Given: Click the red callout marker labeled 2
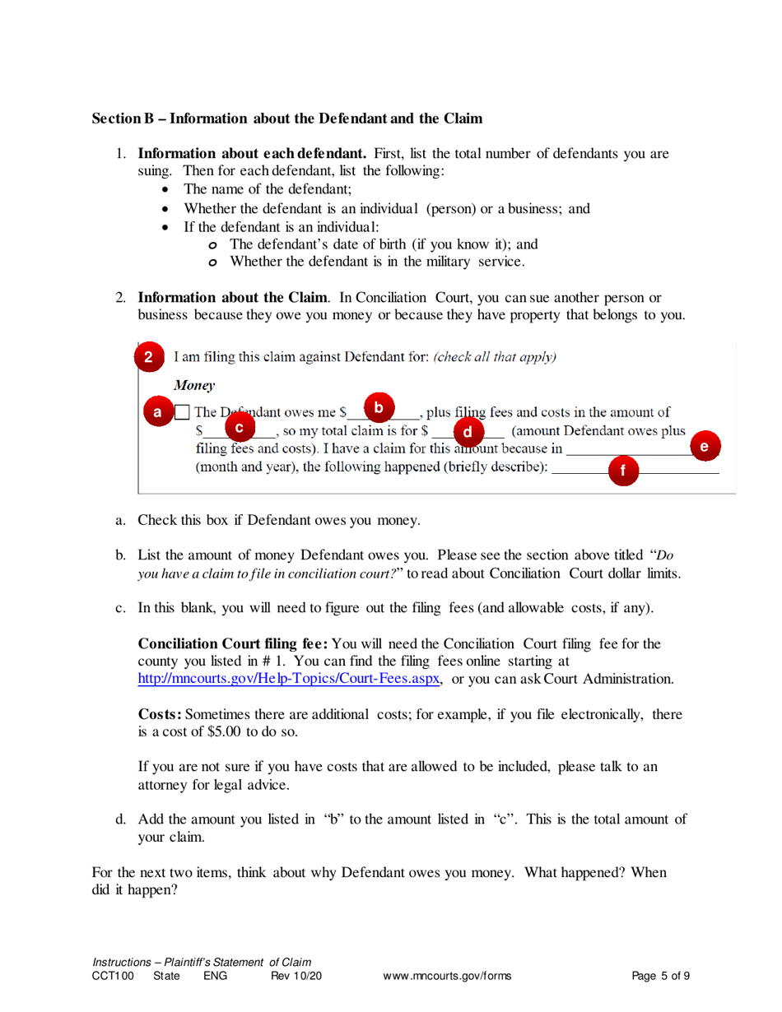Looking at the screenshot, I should [148, 357].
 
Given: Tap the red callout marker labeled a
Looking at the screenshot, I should [157, 412].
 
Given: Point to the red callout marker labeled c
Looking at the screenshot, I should [240, 428].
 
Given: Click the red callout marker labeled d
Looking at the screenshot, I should [468, 430].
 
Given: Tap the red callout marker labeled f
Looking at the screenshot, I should [623, 471].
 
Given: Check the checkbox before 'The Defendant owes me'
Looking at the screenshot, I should [184, 412].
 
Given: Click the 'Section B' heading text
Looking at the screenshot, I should [286, 118].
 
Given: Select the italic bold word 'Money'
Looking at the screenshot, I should [194, 384].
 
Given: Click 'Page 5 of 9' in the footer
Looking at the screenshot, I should [660, 976].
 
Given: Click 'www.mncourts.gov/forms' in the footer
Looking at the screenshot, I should [447, 976].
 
